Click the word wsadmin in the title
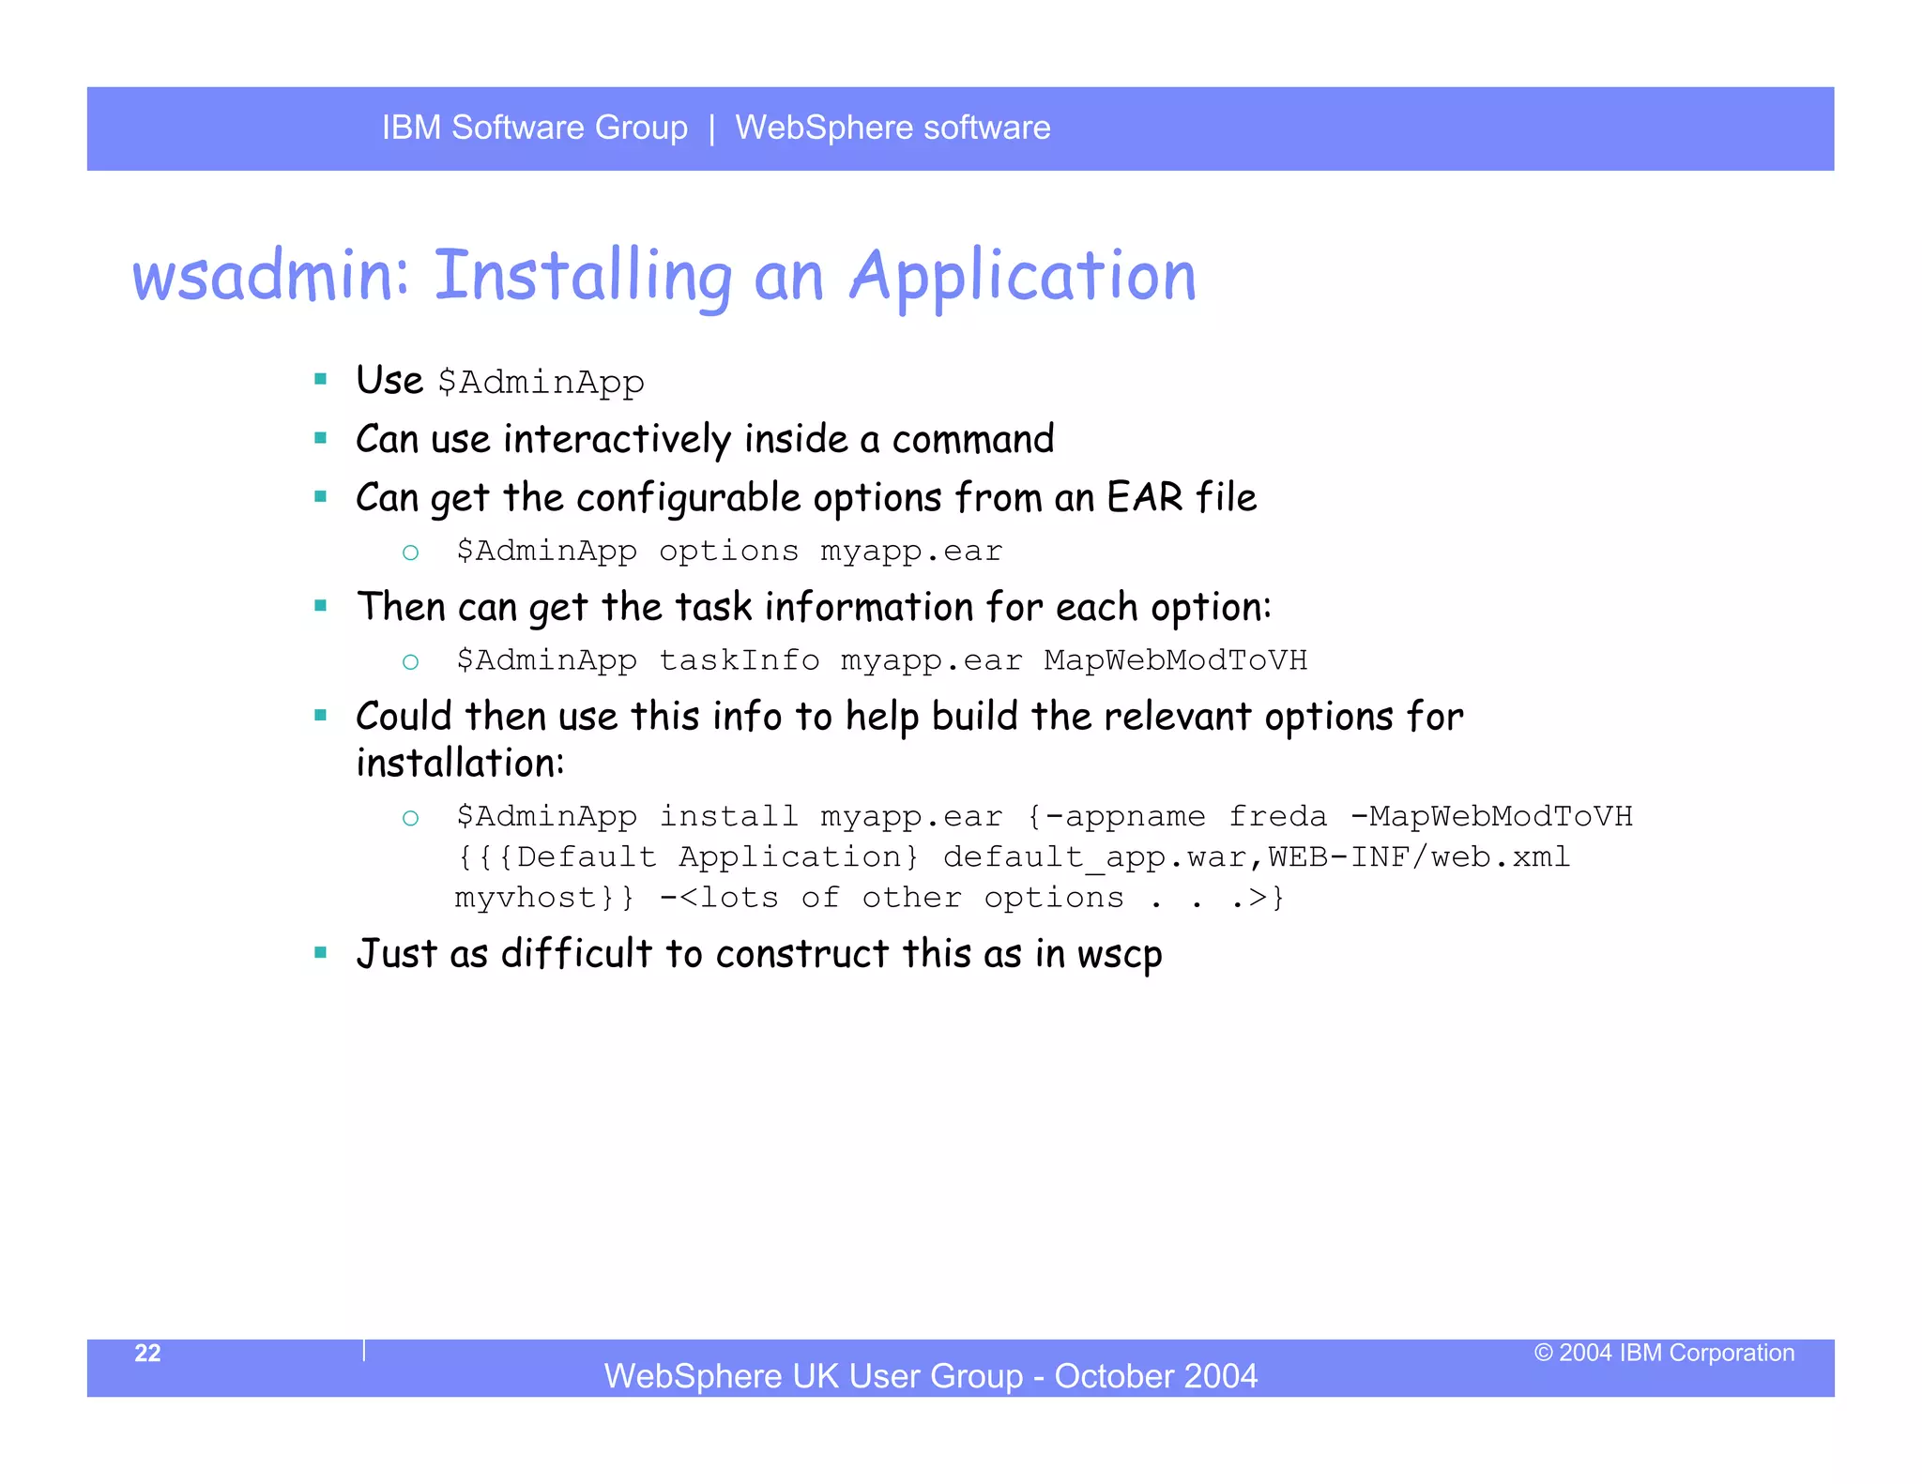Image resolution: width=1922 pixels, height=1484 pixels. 270,277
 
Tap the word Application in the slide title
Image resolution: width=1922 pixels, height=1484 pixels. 1022,277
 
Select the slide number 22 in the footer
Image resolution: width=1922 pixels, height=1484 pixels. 147,1353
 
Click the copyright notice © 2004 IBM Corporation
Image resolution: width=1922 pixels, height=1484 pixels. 1664,1353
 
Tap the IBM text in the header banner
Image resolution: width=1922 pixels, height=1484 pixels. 411,128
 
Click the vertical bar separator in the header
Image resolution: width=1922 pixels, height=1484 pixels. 712,128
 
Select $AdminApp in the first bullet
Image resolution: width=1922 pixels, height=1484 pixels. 541,383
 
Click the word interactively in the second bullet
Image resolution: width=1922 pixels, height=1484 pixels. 617,440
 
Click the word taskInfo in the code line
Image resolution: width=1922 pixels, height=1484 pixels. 739,660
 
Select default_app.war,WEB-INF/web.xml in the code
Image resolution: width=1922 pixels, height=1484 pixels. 1256,857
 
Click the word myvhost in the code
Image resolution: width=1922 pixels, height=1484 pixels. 525,898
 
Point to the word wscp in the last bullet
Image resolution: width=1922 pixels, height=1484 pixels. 1120,955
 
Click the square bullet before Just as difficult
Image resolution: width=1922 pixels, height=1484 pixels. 321,953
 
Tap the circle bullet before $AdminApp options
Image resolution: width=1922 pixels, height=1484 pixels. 410,553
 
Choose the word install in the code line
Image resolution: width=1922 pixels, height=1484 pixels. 728,816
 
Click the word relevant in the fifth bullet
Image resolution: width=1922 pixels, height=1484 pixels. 1177,718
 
